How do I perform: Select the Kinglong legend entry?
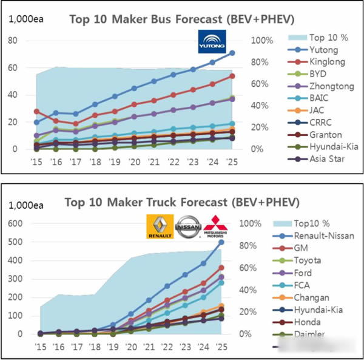tap(325, 62)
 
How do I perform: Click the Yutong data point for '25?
tap(232, 53)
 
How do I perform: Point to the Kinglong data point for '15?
tap(36, 112)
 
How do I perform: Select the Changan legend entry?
tap(326, 297)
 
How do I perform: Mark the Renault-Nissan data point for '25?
tap(221, 242)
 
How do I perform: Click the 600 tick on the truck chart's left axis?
tap(16, 223)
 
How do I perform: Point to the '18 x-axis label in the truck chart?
tap(95, 347)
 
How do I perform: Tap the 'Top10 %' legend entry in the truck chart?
tap(326, 223)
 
